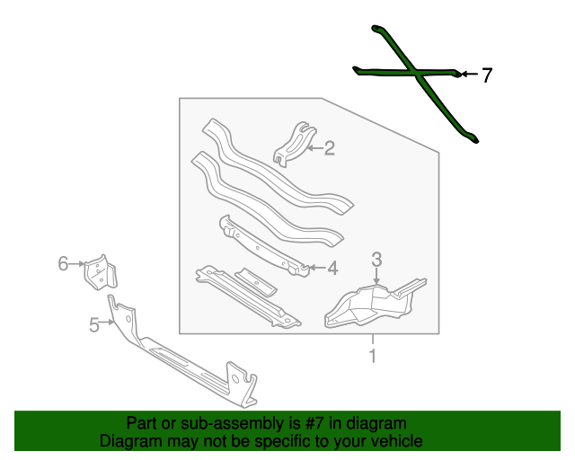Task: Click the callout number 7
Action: [486, 75]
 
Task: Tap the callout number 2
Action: [329, 148]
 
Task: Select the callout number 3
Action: [376, 260]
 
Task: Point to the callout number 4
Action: [332, 268]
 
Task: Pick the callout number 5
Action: [94, 325]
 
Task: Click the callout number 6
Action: [63, 263]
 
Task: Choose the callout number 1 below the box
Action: [373, 356]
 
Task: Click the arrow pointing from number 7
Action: [469, 74]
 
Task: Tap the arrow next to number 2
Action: [314, 148]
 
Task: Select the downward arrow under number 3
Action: [376, 276]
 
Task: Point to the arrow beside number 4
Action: [317, 268]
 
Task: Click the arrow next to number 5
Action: [107, 322]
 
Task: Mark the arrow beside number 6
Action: [76, 263]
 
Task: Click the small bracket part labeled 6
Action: [101, 272]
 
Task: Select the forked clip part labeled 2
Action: [295, 144]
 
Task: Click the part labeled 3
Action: [375, 303]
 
